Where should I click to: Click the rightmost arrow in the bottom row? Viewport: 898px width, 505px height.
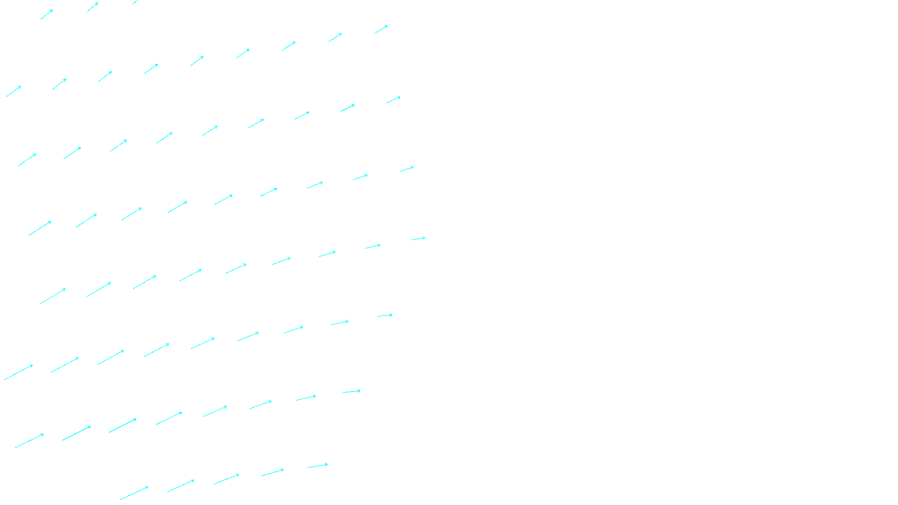coord(318,466)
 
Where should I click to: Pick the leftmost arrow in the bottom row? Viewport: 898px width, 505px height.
coord(134,493)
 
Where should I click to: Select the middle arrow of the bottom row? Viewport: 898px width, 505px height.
coord(226,479)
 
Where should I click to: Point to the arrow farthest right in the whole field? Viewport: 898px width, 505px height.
coord(419,239)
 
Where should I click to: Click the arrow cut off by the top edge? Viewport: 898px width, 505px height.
coord(135,2)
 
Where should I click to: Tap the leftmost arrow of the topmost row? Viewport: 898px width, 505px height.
coord(47,15)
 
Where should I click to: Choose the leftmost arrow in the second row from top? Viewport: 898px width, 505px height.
coord(13,91)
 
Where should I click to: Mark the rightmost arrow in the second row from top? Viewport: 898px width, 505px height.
coord(381,29)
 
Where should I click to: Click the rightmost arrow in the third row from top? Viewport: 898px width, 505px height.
coord(393,100)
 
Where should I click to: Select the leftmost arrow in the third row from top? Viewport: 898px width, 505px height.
coord(26,160)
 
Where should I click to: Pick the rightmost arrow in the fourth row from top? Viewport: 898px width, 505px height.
coord(406,169)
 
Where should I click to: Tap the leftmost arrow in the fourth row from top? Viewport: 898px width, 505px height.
coord(40,228)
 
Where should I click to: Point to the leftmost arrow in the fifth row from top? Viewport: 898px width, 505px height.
coord(53,296)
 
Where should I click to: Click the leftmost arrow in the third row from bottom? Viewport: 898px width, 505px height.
coord(19,373)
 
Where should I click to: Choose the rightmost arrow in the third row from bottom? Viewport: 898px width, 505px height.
coord(384,316)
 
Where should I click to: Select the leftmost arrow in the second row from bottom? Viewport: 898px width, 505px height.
coord(29,441)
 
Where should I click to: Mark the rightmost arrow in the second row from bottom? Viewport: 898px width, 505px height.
coord(351,392)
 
